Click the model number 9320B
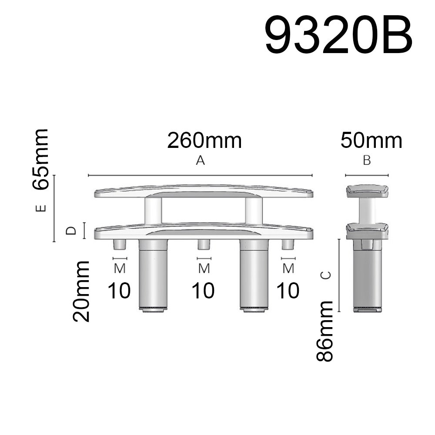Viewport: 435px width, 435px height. pos(339,36)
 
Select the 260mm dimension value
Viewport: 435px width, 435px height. pos(204,141)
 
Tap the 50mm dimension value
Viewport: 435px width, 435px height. pos(371,141)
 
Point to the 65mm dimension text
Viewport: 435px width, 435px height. pos(40,159)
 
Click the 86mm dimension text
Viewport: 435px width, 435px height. pos(325,331)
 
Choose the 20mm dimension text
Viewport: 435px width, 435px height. pos(81,291)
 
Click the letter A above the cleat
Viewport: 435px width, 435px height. pos(200,161)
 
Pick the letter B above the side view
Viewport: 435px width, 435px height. pos(367,161)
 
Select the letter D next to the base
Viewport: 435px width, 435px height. pos(71,230)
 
